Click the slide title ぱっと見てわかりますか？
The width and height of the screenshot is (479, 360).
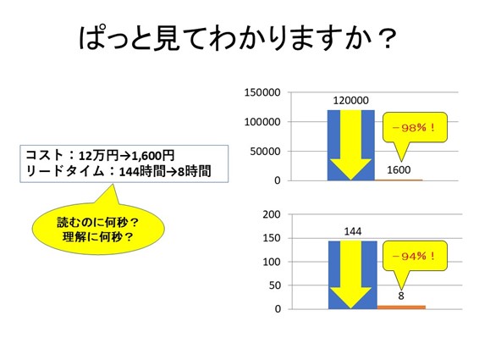238,39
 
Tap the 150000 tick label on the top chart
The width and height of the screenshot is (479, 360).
262,92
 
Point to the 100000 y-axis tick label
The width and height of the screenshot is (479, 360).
262,122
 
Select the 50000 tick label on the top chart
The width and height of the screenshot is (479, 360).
265,151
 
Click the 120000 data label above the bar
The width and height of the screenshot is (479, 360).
350,100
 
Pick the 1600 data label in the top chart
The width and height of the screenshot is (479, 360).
399,169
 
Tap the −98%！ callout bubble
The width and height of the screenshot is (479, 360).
415,129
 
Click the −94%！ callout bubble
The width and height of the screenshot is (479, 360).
415,257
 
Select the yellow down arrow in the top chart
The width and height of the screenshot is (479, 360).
350,145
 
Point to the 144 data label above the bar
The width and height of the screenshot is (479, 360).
353,231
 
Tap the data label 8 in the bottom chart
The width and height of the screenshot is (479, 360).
401,296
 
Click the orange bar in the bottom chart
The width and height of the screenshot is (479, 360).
401,307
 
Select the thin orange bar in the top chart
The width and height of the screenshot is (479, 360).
399,180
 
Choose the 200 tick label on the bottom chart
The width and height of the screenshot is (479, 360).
272,214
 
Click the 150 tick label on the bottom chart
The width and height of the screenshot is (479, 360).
272,238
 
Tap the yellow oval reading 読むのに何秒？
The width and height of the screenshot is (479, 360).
98,228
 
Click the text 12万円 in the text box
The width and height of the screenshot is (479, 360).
99,156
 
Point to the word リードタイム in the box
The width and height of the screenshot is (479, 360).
65,171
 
